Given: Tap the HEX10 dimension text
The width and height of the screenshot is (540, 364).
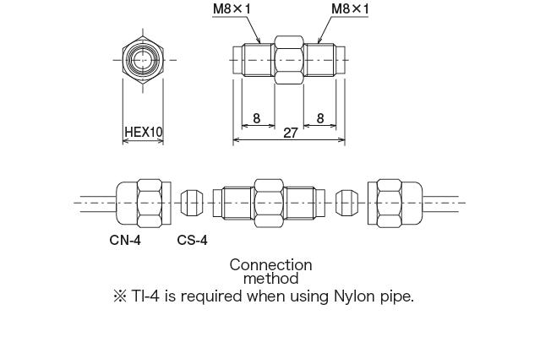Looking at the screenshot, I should [143, 133].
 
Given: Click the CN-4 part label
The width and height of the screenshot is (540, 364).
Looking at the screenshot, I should [125, 240].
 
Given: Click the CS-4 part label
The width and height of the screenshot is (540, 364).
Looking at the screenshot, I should [192, 240].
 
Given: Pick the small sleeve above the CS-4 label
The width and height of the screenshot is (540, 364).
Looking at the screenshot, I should [194, 204].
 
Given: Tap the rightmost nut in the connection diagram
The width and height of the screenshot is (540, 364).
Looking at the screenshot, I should [394, 204].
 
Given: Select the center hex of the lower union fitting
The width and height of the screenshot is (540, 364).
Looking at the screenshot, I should [270, 204].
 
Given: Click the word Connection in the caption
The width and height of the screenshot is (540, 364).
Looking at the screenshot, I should [270, 264].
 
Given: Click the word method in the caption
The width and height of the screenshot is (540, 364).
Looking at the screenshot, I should [270, 277].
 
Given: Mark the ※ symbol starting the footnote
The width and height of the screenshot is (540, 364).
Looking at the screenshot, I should [118, 296].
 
